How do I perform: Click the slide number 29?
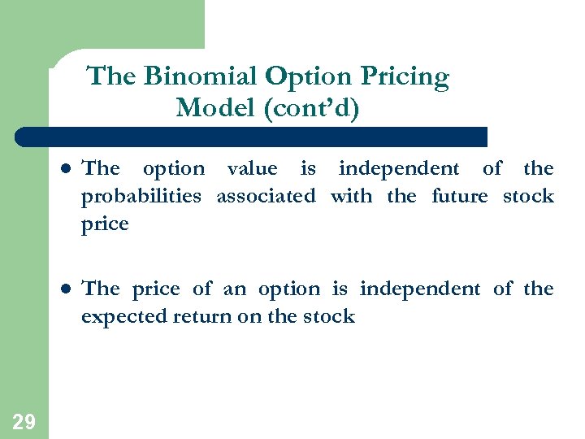click(x=24, y=421)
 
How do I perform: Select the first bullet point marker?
click(x=65, y=170)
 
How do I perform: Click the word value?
click(x=252, y=168)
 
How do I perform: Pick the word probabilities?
click(x=141, y=197)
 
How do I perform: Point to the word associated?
click(x=266, y=196)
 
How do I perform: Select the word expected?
click(x=123, y=317)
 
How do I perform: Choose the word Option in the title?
click(x=306, y=77)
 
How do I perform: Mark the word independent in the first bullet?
click(x=398, y=169)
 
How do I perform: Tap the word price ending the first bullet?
click(x=105, y=224)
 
